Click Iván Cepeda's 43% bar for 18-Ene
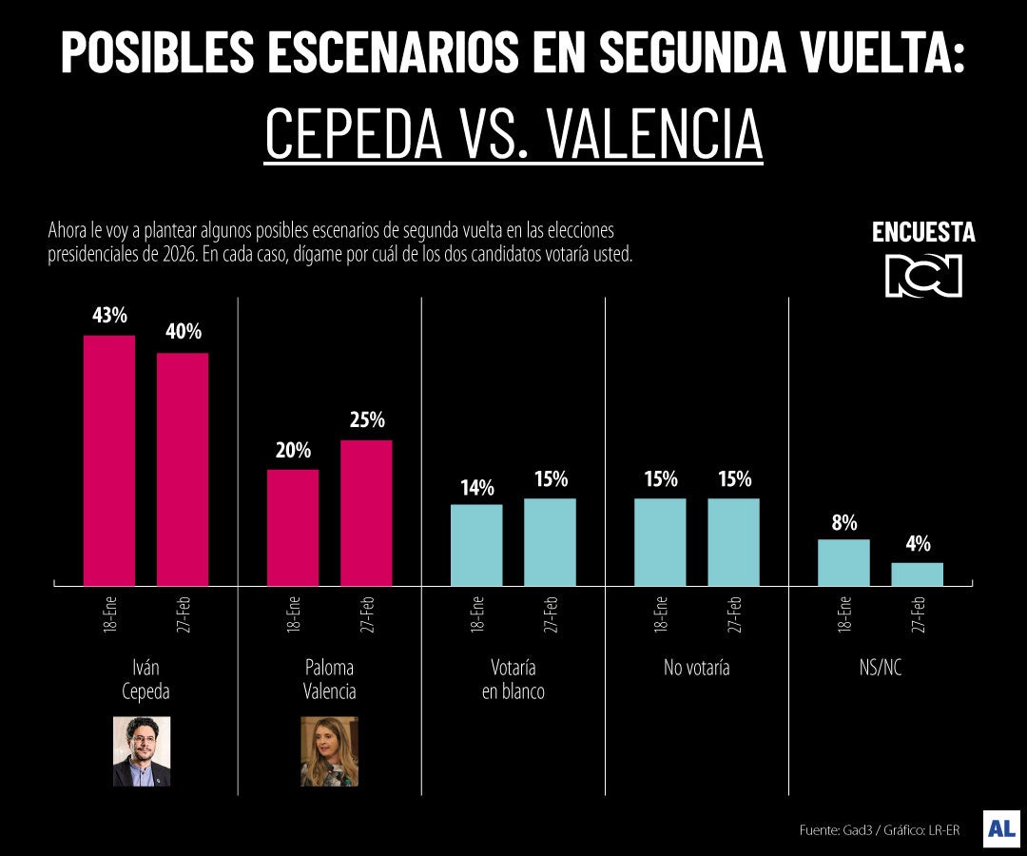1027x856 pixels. pos(109,460)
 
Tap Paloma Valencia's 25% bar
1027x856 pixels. pos(366,513)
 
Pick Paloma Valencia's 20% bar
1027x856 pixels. pos(293,527)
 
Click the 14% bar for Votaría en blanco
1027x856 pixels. pos(476,544)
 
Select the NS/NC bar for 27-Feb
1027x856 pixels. pos(917,574)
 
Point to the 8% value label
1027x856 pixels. pos(843,522)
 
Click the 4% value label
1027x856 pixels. pos(917,545)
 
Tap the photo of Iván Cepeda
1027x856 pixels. pos(142,750)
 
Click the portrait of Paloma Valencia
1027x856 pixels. pos(329,750)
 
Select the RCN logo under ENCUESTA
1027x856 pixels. pos(923,276)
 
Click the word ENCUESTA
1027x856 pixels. pos(923,233)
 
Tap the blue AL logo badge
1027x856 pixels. pos(1001,828)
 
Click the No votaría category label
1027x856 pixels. pos(697,668)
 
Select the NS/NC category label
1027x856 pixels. pos(880,668)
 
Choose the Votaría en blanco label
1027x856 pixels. pos(513,679)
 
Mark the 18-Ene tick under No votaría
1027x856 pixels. pos(660,614)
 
